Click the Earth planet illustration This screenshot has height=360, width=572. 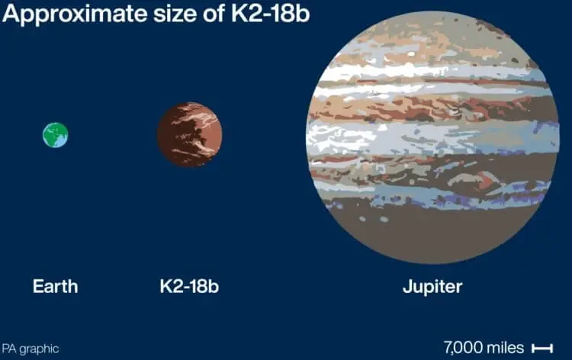point(55,135)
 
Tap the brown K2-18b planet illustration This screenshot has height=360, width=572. point(190,135)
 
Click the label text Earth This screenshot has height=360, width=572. point(55,287)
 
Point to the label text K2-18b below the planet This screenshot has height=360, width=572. point(189,287)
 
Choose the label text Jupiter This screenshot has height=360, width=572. point(432,287)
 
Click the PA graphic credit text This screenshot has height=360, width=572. point(30,349)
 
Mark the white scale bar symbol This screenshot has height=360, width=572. point(541,349)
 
